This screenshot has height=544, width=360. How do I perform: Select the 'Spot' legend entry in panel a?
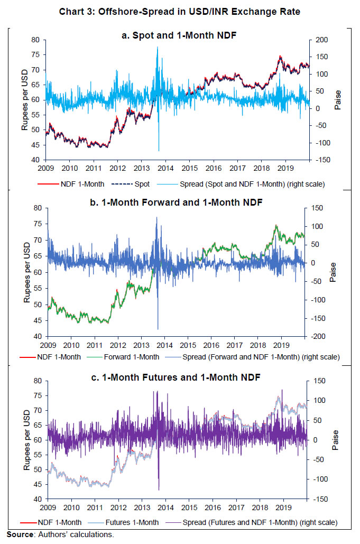141,185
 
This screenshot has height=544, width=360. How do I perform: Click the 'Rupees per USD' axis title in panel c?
26,440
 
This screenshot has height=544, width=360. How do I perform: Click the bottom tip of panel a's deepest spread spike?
159,151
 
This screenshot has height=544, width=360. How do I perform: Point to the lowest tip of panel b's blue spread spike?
158,329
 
